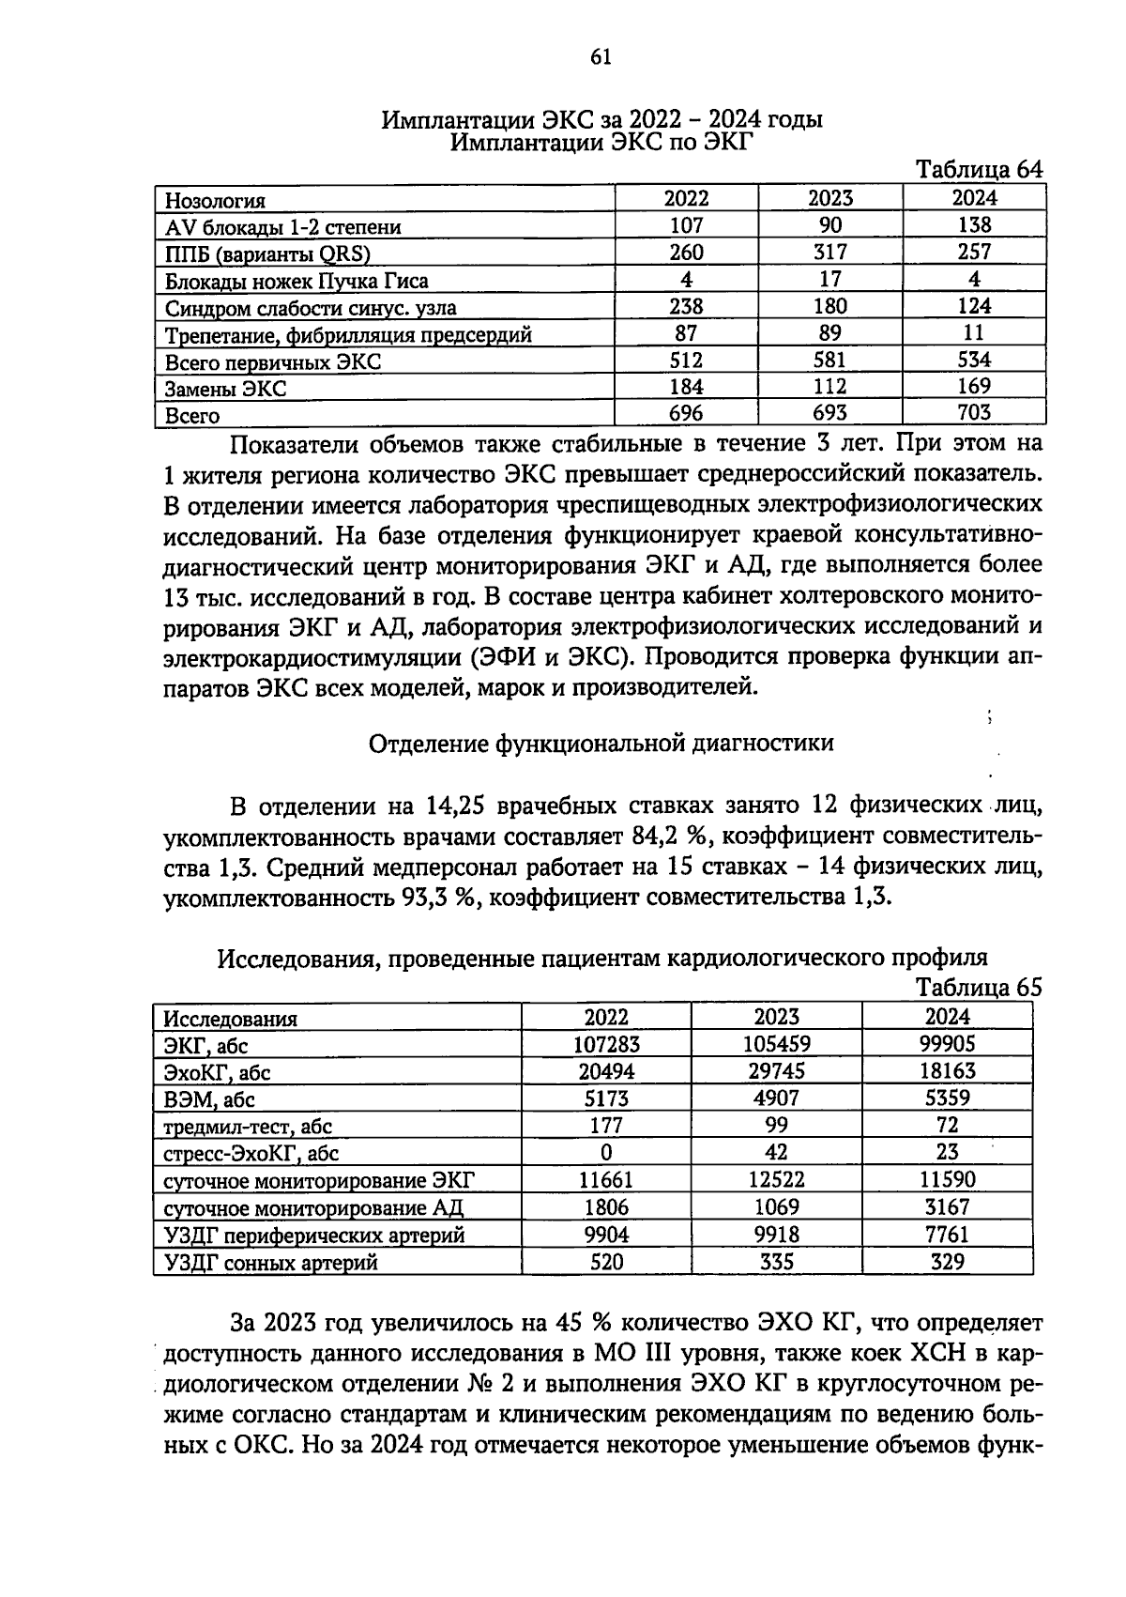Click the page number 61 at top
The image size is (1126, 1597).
tap(601, 58)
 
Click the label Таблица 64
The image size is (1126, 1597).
tap(979, 170)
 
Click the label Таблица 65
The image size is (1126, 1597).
tap(979, 988)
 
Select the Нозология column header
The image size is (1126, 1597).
tap(216, 200)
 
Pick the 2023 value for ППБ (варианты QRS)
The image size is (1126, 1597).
tap(830, 253)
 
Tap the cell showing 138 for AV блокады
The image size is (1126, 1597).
tap(974, 225)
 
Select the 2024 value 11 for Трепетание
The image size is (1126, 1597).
tap(974, 332)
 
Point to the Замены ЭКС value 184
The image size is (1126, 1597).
tap(686, 387)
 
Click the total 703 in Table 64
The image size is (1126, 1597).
tap(974, 413)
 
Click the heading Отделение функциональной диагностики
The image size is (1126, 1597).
tap(601, 744)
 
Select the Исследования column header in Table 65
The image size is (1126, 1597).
tap(231, 1019)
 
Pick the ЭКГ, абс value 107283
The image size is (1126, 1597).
tap(606, 1044)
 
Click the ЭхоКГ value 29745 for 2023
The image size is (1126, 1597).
tap(776, 1071)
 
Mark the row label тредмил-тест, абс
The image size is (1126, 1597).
tap(248, 1127)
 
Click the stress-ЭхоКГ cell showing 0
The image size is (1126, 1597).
tap(606, 1153)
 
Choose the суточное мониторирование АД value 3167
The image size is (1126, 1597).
tap(947, 1207)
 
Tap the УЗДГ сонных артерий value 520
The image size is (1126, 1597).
tap(606, 1263)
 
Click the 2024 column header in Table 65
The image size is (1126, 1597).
tap(947, 1017)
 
